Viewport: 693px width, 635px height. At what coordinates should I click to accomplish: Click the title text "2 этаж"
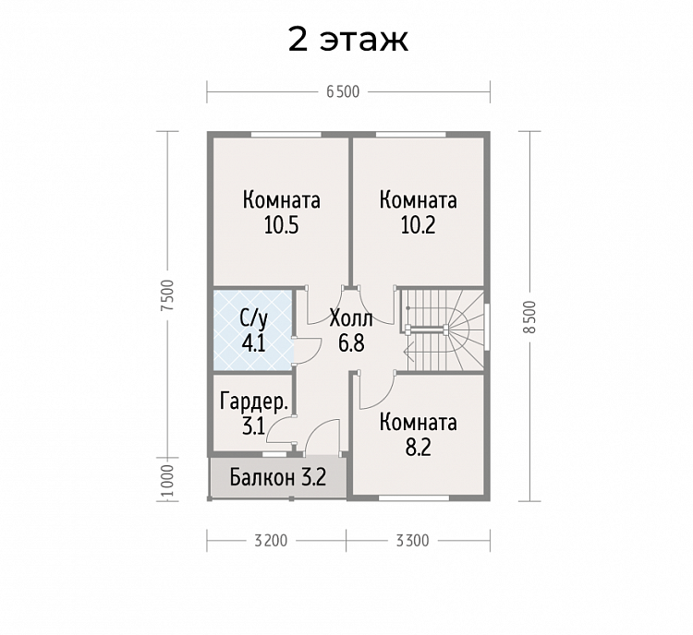coord(347,40)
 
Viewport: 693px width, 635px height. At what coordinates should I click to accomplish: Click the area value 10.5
coord(281,225)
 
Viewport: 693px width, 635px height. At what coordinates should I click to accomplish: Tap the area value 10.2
coord(418,225)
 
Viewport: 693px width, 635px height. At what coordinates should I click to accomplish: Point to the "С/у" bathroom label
coord(253,319)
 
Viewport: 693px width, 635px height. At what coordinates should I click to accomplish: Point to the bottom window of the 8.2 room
coord(418,498)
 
